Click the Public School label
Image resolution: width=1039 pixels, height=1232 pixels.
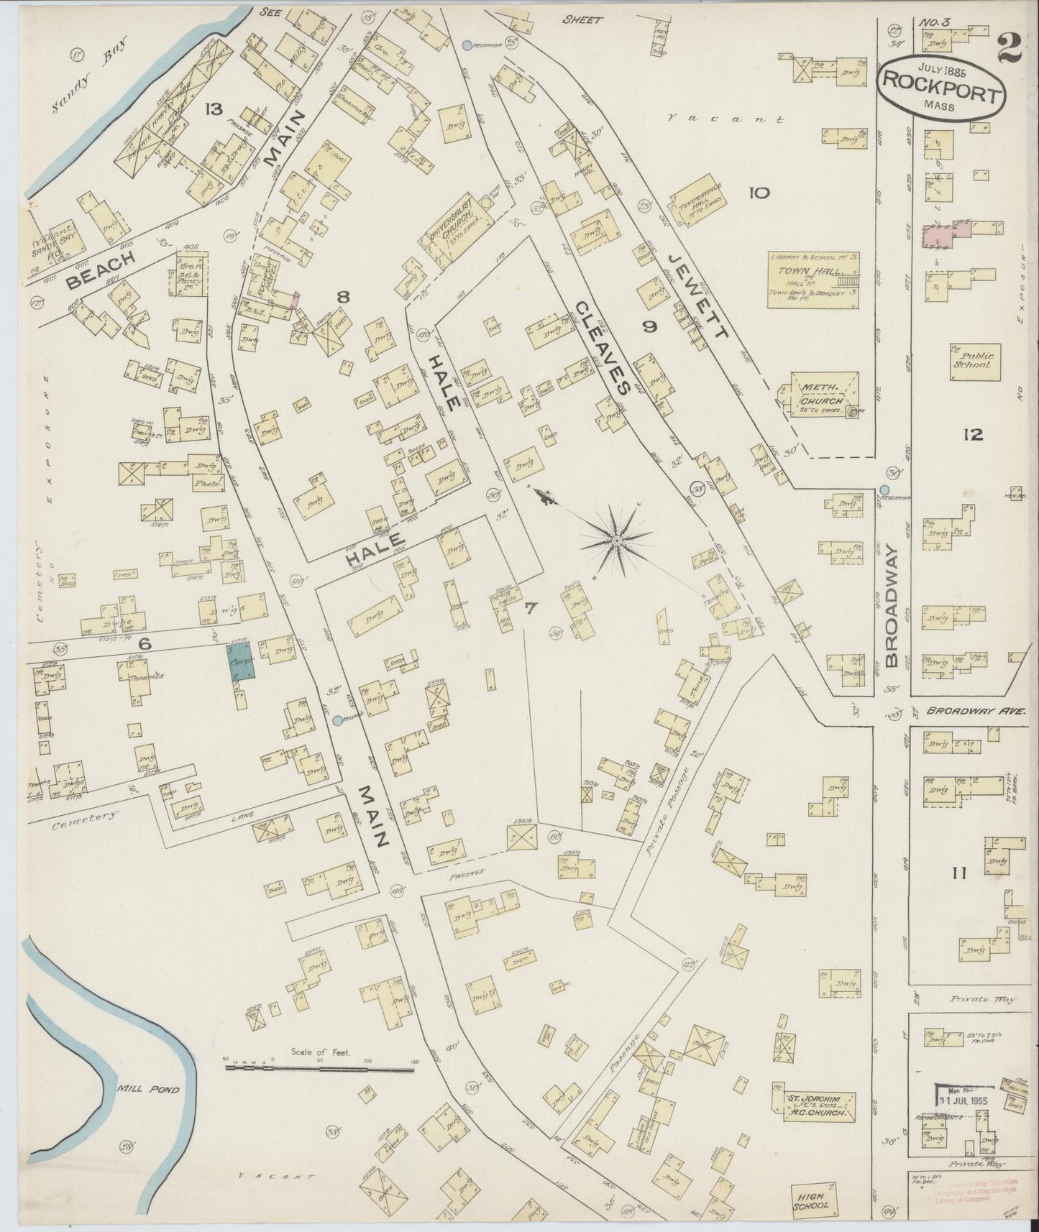coord(973,359)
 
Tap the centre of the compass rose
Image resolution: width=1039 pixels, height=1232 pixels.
coord(616,540)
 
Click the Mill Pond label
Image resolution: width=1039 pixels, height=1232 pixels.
coord(157,1090)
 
